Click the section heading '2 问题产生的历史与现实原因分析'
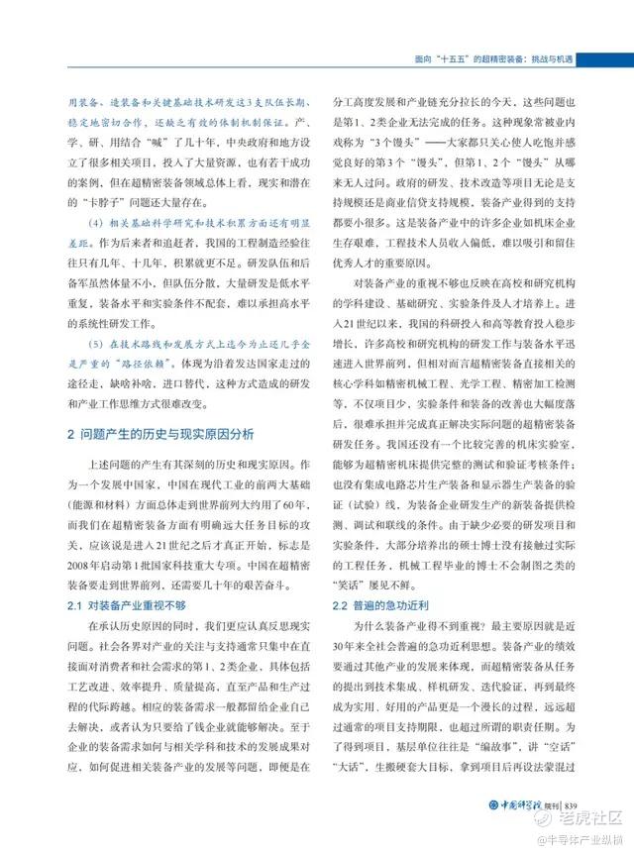coord(160,434)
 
